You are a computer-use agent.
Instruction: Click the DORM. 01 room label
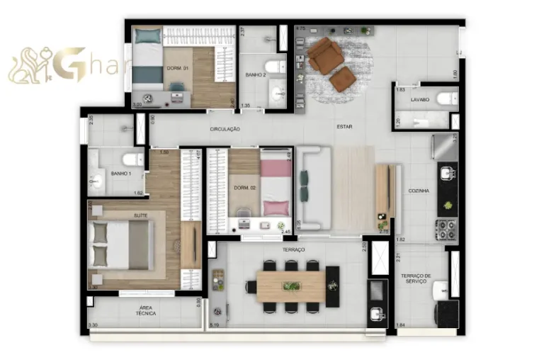coord(177,68)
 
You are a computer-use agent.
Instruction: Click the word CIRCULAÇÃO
coord(225,129)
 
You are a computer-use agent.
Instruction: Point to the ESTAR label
coord(344,126)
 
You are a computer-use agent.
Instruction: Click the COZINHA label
coord(418,191)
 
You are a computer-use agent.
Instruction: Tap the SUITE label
coord(140,214)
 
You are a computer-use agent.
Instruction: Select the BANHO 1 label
coord(120,173)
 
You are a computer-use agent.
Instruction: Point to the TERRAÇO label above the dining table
coord(293,249)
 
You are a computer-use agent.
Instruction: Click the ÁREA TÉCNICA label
coord(147,310)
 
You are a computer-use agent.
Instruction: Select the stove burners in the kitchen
coord(446,230)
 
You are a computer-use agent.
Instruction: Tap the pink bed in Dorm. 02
coord(276,185)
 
